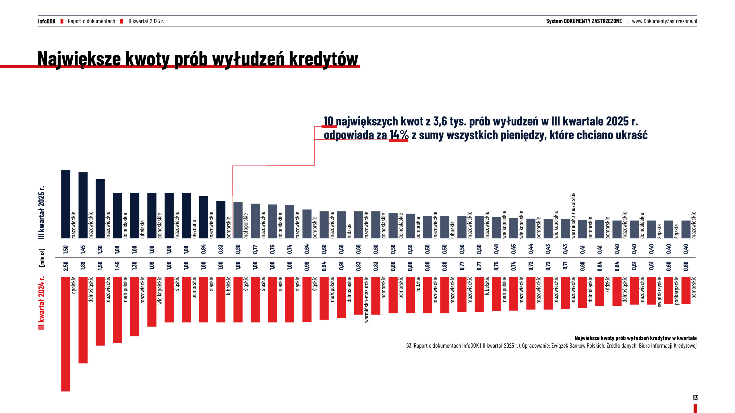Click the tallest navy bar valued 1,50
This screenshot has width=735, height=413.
(66, 204)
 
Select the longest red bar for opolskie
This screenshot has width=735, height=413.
(66, 334)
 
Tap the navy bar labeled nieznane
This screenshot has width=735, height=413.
(186, 215)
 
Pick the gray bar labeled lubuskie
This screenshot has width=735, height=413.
(445, 227)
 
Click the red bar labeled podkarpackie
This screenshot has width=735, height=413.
(669, 290)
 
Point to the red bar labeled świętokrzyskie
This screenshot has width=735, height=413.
(651, 291)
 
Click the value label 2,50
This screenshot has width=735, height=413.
(66, 266)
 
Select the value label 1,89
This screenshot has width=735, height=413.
(83, 266)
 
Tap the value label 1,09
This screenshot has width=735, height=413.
(152, 266)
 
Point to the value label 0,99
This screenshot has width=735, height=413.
(307, 266)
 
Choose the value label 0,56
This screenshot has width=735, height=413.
(393, 249)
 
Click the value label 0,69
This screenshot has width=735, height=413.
(583, 266)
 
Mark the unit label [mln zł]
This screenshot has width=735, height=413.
(42, 258)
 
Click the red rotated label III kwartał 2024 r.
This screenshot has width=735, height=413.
(42, 303)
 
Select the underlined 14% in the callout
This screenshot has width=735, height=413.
(399, 135)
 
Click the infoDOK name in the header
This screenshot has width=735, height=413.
(47, 21)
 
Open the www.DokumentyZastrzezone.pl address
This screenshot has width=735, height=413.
(664, 21)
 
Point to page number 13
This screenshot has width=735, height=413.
(695, 398)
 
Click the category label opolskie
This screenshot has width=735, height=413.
(74, 285)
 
